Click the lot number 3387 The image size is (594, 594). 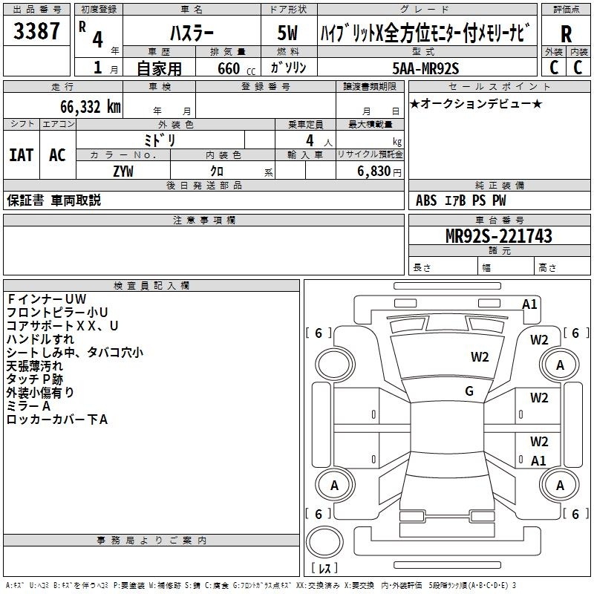coord(36,30)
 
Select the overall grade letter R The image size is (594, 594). coord(566,34)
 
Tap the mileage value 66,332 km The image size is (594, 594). coord(91,107)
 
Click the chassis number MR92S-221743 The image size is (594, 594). coord(499,235)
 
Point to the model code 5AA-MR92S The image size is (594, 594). coord(425,68)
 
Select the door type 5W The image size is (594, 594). coord(287,33)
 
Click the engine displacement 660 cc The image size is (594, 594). coord(236,68)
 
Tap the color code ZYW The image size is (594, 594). coord(123,172)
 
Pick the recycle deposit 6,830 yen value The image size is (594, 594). coord(379,172)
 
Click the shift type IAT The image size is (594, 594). coord(22,155)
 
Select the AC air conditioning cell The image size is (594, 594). coord(58,155)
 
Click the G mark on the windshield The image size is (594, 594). coord(469,391)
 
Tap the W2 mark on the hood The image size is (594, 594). coord(480,357)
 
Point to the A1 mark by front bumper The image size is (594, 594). coord(529,304)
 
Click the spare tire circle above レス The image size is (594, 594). coord(324,542)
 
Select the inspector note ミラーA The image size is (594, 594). coord(28,406)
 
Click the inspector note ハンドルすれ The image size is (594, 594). coord(40,339)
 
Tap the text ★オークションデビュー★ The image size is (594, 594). coord(476,104)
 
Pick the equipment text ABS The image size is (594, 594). coord(426,200)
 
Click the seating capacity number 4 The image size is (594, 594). coord(310,140)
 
